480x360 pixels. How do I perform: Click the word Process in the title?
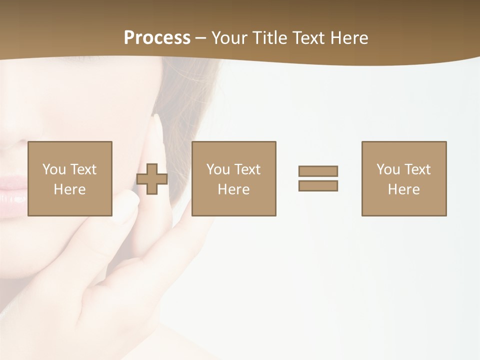[x=157, y=38]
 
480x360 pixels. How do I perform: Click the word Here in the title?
[x=349, y=38]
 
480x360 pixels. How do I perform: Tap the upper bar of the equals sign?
[x=318, y=171]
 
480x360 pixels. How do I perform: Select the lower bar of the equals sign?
[x=318, y=185]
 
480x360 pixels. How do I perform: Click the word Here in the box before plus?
[x=69, y=189]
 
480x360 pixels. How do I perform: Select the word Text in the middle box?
[x=247, y=169]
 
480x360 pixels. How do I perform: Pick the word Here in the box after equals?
[x=403, y=189]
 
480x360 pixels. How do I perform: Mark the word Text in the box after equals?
[x=417, y=169]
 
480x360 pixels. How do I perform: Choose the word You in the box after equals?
[x=388, y=169]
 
